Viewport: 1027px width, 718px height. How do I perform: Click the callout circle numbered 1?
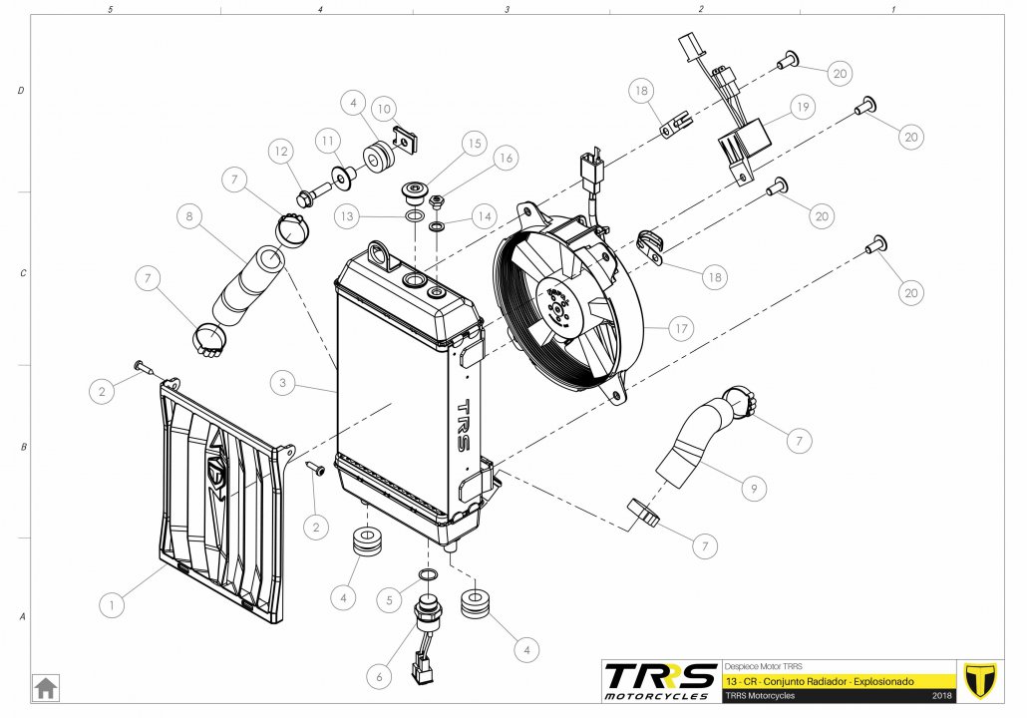tap(112, 604)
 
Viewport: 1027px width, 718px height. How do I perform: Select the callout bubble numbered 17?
tap(681, 328)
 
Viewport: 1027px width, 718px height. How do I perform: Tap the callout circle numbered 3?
tap(282, 383)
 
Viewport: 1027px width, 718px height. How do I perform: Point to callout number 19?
tap(803, 107)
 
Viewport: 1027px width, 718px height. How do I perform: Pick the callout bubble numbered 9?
tap(754, 488)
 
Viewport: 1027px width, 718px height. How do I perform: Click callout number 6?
tap(379, 676)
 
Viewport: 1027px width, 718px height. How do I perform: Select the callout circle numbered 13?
tap(346, 215)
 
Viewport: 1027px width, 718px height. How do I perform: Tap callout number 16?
tap(506, 158)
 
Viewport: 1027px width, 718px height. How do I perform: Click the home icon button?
tap(45, 688)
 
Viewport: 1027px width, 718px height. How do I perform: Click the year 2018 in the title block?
tap(942, 696)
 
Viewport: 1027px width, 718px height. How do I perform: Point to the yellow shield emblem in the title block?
tap(980, 681)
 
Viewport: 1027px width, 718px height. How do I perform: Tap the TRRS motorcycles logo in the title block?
tap(660, 681)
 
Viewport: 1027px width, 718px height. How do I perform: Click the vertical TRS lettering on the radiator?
tap(462, 425)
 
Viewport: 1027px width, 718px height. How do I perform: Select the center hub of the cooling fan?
tap(557, 307)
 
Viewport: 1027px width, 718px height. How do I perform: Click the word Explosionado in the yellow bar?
tap(884, 681)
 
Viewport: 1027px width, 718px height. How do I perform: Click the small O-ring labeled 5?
tap(428, 575)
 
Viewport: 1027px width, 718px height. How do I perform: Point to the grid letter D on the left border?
tap(20, 91)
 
